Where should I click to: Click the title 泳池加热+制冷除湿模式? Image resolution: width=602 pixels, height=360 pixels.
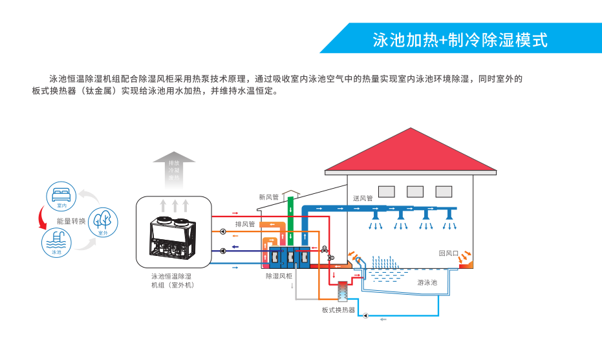pos(460,40)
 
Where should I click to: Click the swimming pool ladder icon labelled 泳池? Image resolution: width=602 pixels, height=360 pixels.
pos(56,243)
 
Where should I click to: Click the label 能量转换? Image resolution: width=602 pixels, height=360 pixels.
pos(71,221)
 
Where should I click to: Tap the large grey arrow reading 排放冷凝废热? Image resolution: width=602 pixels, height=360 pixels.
pos(173,169)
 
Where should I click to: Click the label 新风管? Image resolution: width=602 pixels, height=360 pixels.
pos(268,197)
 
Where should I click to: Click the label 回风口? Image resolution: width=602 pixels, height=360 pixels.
pos(448,254)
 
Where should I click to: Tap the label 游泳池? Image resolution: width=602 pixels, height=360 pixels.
pos(427,282)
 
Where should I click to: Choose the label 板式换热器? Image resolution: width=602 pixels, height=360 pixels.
pos(338,310)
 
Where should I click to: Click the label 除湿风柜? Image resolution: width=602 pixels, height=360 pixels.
pos(279,276)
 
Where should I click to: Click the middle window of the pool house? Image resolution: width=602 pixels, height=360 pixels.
pos(415,191)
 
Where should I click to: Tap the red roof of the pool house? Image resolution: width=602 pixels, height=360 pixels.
pos(411,152)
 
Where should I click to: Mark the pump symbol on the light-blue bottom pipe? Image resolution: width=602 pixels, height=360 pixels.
pos(365,316)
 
